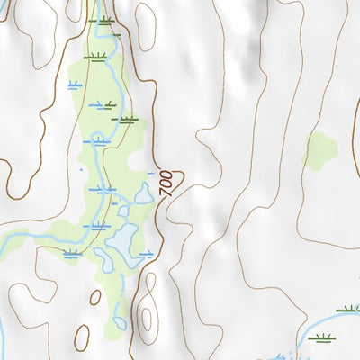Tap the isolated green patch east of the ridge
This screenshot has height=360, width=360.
click(x=319, y=150)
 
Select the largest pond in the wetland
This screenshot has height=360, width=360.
click(x=121, y=240)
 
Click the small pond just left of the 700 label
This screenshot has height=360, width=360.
click(x=142, y=192)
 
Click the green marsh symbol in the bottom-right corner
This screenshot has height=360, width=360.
click(x=320, y=338)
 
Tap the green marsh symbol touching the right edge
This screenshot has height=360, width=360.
click(x=348, y=310)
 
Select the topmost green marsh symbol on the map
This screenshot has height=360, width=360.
click(x=105, y=20)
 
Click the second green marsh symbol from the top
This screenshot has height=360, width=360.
click(x=94, y=57)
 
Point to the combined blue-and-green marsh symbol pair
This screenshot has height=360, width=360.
click(x=103, y=105)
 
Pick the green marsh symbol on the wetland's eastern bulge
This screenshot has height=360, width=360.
click(x=128, y=119)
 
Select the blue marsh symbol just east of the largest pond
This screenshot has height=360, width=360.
click(x=146, y=255)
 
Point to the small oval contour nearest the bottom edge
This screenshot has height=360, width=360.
click(x=81, y=337)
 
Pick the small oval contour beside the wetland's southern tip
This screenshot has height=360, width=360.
click(x=95, y=297)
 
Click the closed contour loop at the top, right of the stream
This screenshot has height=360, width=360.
click(x=145, y=27)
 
